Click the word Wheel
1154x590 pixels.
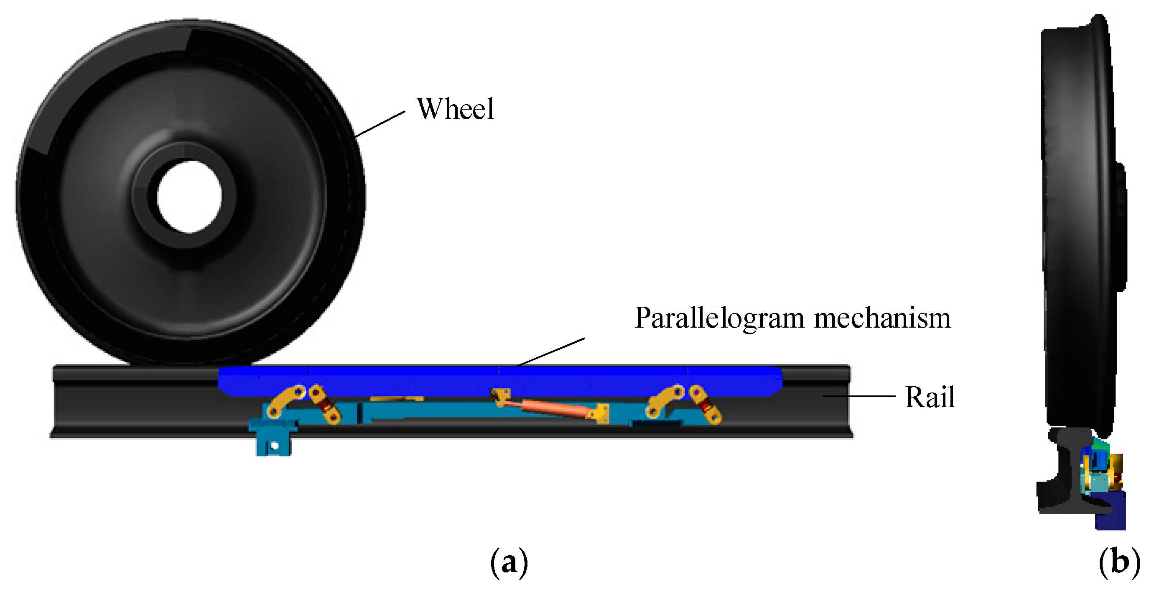455,109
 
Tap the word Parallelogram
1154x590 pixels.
719,318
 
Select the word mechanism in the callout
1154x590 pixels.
881,318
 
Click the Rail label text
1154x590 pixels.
930,397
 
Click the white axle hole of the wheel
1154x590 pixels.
189,197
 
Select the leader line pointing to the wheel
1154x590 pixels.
380,124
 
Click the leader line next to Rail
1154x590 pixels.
859,396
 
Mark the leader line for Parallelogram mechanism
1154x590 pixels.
551,352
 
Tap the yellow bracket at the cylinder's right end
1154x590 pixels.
600,413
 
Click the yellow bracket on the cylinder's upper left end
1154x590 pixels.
500,396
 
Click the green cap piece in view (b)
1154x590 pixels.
1099,445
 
